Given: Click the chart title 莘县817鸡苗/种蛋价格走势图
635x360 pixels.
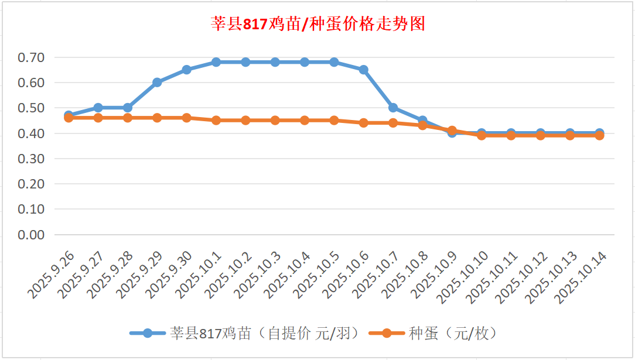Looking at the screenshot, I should point(317,24).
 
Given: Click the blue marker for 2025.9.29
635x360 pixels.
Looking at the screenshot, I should point(157,83).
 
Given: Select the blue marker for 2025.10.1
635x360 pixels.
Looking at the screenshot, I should point(216,62).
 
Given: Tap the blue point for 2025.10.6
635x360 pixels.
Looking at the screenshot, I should point(363,70).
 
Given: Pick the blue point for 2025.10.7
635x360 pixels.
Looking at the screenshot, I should point(393,108).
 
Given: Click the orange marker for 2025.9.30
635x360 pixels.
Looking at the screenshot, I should point(186,118).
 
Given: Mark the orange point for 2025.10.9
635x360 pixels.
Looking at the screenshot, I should point(452,131).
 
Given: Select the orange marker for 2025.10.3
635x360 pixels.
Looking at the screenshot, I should point(275,121).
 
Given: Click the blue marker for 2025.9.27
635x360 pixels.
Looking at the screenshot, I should point(98,108).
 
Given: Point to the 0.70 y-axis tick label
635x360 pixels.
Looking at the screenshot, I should point(31,57).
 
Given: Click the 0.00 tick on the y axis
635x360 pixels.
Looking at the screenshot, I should point(31,235).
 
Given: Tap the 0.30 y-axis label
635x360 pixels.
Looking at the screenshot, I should point(31,159).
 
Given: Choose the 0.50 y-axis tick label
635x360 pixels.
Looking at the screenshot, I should point(31,108).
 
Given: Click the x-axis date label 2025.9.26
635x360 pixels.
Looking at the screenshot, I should point(52,274).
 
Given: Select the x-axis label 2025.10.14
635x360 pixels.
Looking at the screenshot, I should point(581,278).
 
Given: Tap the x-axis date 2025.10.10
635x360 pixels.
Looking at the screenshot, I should point(463,278).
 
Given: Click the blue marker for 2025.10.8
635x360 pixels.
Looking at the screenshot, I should point(422,121).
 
